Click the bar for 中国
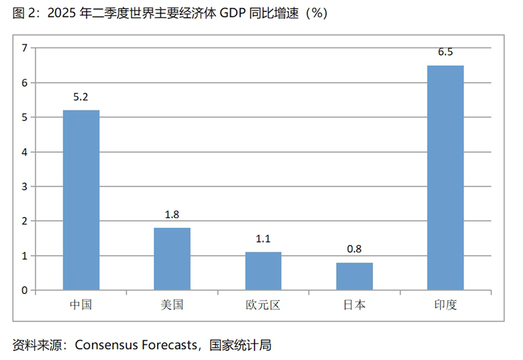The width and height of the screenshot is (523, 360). pyautogui.click(x=81, y=200)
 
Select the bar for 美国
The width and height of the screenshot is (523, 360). pyautogui.click(x=172, y=259)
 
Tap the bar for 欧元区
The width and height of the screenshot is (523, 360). pyautogui.click(x=263, y=270)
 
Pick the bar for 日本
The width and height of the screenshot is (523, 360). pyautogui.click(x=354, y=276)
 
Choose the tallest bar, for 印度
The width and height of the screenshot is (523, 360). pyautogui.click(x=445, y=178)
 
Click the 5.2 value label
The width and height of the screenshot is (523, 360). pyautogui.click(x=81, y=97)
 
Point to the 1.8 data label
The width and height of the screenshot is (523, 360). pyautogui.click(x=172, y=214)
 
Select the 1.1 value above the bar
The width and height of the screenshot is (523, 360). pyautogui.click(x=263, y=238)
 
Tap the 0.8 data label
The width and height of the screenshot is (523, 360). pyautogui.click(x=354, y=249)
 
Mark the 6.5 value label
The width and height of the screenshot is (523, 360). pyautogui.click(x=445, y=52)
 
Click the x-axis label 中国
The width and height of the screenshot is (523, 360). pyautogui.click(x=81, y=304)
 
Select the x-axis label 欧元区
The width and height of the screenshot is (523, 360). pyautogui.click(x=263, y=304)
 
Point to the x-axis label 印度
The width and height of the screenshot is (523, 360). pyautogui.click(x=445, y=304)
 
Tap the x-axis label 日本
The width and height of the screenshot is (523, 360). pyautogui.click(x=354, y=304)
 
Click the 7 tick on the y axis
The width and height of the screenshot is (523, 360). pyautogui.click(x=24, y=48)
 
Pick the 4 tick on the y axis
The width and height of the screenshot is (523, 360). pyautogui.click(x=24, y=152)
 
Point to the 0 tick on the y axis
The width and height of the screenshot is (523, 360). pyautogui.click(x=24, y=290)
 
